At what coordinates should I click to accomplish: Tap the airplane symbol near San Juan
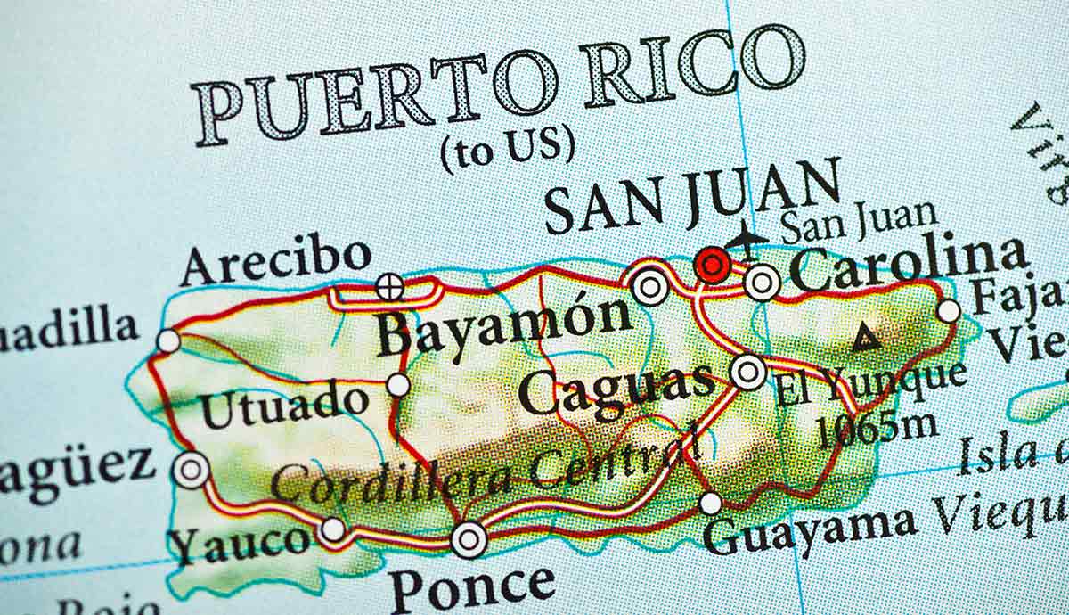(x=744, y=238)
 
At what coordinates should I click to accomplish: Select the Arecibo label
(x=275, y=259)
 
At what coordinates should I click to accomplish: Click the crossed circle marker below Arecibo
(x=389, y=287)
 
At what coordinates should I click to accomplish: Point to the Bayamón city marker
(x=650, y=287)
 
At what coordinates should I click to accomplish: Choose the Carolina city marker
(x=762, y=283)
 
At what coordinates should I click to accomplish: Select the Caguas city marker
(x=748, y=371)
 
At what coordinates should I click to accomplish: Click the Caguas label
(x=617, y=389)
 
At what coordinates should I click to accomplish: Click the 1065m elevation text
(x=877, y=430)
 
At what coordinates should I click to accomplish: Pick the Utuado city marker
(x=398, y=385)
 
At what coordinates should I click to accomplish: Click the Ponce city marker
(x=469, y=538)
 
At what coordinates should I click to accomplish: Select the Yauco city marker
(x=333, y=529)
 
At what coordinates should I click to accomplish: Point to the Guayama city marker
(x=710, y=504)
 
